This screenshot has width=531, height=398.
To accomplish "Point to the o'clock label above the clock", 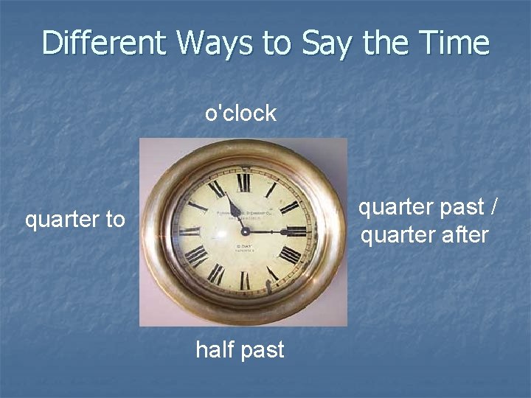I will (x=240, y=114).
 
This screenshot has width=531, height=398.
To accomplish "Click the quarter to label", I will (x=75, y=219).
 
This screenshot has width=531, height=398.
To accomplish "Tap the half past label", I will (x=240, y=349).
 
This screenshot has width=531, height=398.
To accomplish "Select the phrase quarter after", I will (x=424, y=235).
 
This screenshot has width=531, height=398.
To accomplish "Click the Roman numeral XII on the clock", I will (x=243, y=181).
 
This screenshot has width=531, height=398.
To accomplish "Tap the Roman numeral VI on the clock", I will (x=244, y=280).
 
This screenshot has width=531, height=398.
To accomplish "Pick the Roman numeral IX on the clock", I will (x=190, y=231).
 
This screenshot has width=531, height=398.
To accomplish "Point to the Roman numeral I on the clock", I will (x=271, y=189).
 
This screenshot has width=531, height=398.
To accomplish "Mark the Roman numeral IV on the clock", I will (x=289, y=255).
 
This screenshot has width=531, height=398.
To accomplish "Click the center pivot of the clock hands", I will (x=244, y=231).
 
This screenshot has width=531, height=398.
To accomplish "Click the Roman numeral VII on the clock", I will (x=216, y=274).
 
